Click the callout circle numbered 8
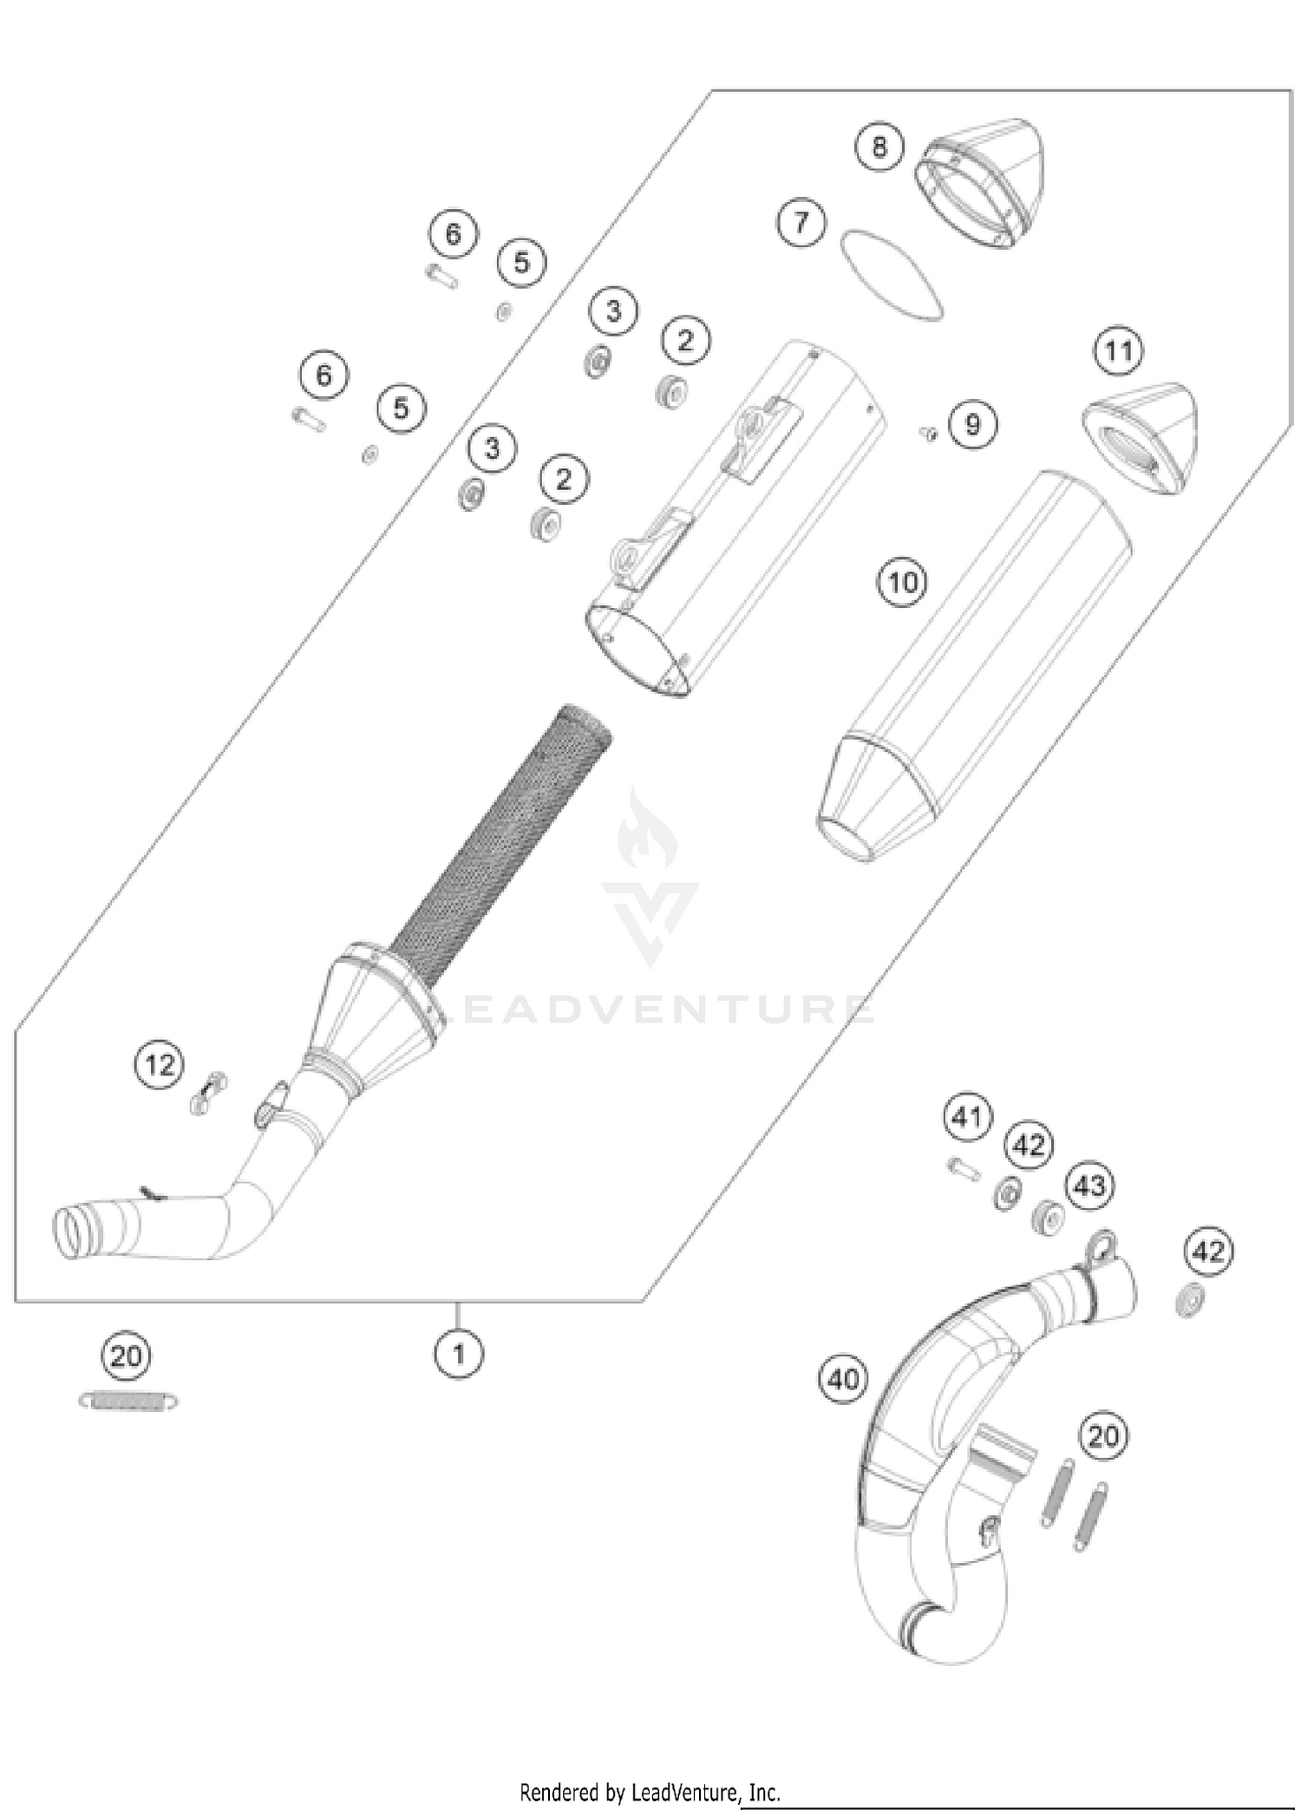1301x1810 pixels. click(x=879, y=147)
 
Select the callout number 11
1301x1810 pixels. click(x=1118, y=351)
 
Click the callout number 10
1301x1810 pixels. click(x=902, y=581)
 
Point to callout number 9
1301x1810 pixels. click(x=972, y=424)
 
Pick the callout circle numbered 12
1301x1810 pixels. click(x=160, y=1063)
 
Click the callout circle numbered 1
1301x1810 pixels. click(x=459, y=1353)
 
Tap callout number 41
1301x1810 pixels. click(x=967, y=1116)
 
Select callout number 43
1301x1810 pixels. click(x=1089, y=1185)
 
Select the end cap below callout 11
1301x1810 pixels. click(x=1141, y=438)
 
